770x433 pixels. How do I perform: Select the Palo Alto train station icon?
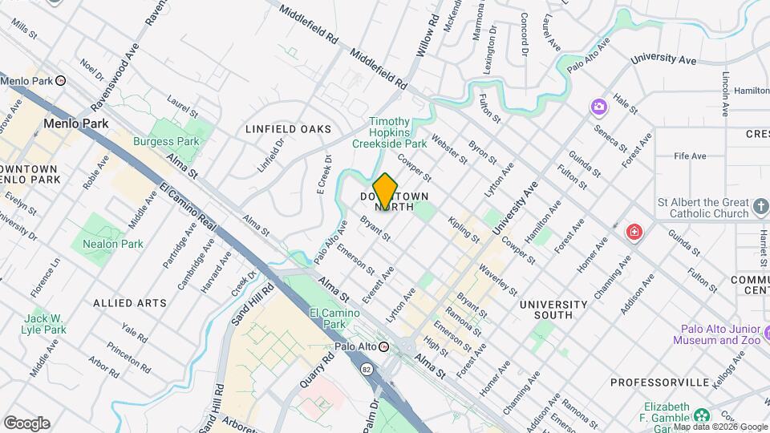[x=383, y=346]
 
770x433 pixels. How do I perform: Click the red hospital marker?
[x=634, y=233]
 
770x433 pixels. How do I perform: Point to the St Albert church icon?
[x=761, y=208]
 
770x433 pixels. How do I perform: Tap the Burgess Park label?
[x=177, y=141]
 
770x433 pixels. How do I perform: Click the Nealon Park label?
[x=112, y=244]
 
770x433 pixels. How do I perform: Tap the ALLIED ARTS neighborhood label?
[x=130, y=303]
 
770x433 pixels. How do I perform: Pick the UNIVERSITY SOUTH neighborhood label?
[x=553, y=310]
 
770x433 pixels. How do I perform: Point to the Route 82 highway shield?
[x=367, y=368]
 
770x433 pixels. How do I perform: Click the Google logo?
[x=26, y=423]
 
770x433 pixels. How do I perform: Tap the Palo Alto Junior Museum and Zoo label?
[x=719, y=334]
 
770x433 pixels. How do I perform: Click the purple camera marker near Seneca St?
[x=598, y=107]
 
